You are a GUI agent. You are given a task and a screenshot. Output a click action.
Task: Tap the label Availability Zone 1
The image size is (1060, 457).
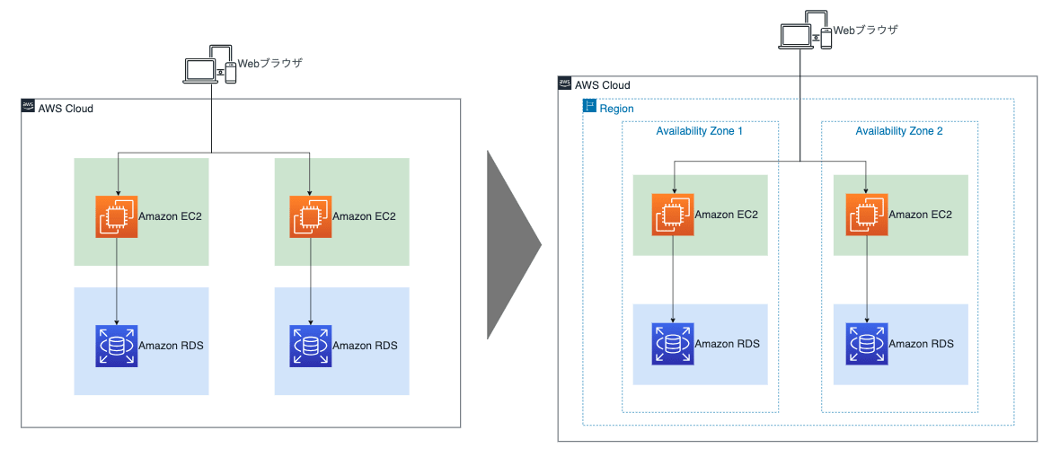[x=699, y=131]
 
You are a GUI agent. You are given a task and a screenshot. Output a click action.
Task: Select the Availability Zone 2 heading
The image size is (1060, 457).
[x=899, y=131]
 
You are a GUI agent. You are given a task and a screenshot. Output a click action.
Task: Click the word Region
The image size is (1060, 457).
[x=616, y=109]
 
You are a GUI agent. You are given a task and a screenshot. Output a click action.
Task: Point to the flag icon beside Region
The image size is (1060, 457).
[x=590, y=108]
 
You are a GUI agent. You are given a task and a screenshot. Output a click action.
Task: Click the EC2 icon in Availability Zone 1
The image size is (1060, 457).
[x=673, y=215]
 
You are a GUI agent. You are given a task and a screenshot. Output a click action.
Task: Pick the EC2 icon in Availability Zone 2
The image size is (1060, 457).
[x=867, y=215]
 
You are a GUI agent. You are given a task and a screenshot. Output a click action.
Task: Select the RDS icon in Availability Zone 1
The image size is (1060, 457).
[x=673, y=344]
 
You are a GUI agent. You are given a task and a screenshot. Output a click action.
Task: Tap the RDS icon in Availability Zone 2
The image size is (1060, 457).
[x=867, y=344]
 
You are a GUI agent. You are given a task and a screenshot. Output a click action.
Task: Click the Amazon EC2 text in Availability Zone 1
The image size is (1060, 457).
[x=727, y=215]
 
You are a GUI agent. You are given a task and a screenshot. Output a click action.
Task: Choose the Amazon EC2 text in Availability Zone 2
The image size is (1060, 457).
[x=921, y=215]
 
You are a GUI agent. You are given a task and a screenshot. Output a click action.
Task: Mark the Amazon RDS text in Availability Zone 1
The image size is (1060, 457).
[x=727, y=344]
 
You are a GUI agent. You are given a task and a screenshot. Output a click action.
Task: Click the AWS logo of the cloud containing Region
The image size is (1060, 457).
[x=565, y=83]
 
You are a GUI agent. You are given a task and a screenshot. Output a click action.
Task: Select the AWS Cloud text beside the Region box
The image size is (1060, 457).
[x=603, y=85]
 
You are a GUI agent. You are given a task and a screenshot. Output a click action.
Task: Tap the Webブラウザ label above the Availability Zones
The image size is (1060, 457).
[x=866, y=30]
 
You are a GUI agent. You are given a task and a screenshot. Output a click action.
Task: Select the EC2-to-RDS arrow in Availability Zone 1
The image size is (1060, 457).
[x=674, y=279]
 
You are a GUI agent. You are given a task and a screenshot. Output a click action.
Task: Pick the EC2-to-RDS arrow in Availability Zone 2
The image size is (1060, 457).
[x=867, y=279]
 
